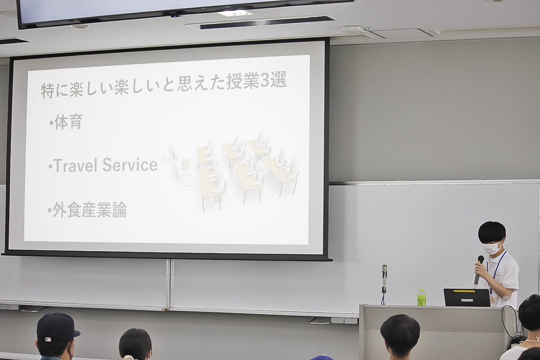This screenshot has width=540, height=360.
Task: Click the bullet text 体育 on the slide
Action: [x=69, y=122]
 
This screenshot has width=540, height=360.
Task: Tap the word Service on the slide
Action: [x=130, y=165]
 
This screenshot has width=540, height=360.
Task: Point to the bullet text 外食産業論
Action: [x=90, y=210]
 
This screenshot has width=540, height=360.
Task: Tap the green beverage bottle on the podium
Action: [x=421, y=297]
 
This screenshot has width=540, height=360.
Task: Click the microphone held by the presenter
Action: [x=478, y=270]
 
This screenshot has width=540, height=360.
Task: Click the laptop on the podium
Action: [x=467, y=297]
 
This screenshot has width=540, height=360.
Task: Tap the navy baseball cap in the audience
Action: [x=57, y=328]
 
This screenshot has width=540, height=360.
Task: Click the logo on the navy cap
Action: [x=48, y=340]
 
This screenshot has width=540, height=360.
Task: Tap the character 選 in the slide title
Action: [x=279, y=80]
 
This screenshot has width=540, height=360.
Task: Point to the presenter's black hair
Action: [x=492, y=231]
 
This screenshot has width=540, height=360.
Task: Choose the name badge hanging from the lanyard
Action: [x=492, y=300]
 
